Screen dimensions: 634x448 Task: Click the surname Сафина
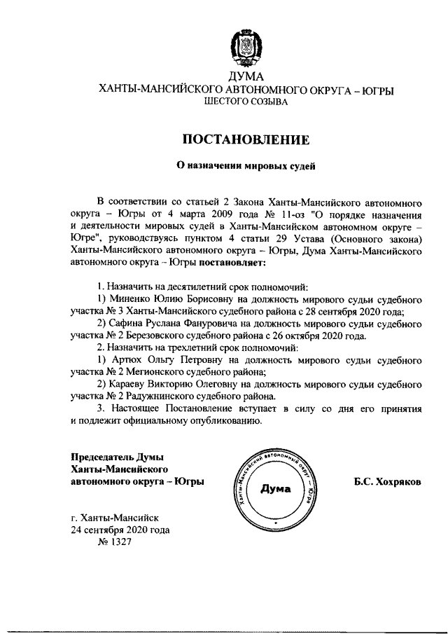(x=127, y=324)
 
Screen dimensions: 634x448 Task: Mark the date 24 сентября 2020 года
(x=120, y=530)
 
